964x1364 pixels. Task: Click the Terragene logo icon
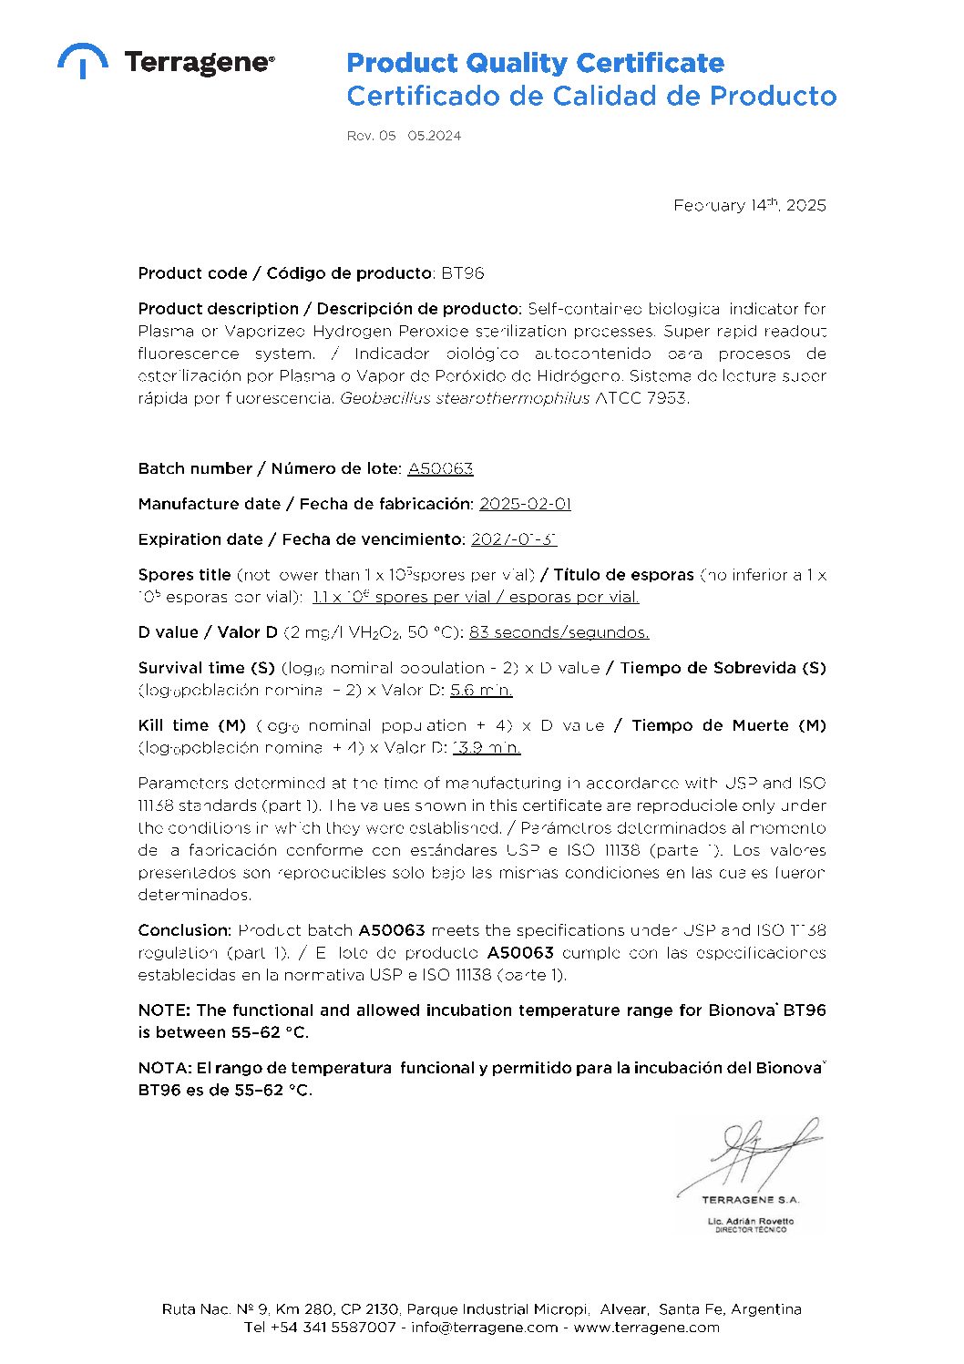[82, 60]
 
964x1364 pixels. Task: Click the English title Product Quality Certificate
[535, 63]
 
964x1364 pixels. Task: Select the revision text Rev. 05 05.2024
[404, 136]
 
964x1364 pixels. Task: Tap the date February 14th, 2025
[749, 205]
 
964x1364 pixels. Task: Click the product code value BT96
[463, 273]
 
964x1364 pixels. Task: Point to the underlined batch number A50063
[440, 468]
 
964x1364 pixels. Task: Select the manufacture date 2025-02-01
[525, 504]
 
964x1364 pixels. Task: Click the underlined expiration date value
[513, 539]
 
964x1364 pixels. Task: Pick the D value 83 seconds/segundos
[559, 632]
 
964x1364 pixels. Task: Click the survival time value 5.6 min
[481, 690]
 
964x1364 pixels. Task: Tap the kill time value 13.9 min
[487, 747]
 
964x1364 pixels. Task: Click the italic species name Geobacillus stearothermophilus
[465, 398]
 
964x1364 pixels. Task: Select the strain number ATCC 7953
[641, 398]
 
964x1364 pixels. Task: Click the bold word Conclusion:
[185, 930]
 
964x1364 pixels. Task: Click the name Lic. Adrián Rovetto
[750, 1221]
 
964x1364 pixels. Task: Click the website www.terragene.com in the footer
[646, 1328]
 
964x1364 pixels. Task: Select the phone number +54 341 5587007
[333, 1328]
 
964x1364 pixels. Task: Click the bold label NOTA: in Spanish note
[165, 1068]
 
